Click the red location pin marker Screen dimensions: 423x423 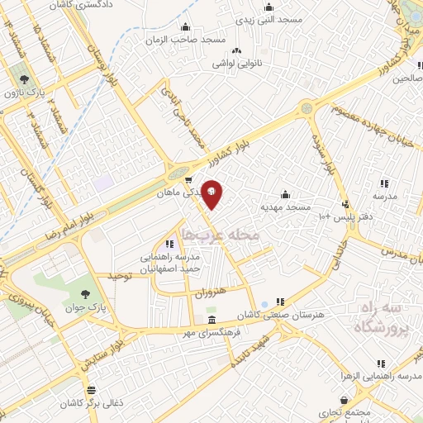(212, 193)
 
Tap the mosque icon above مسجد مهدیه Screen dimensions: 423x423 (285, 194)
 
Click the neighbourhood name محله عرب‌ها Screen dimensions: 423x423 (221, 236)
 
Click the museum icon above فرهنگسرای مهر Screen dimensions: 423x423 (212, 321)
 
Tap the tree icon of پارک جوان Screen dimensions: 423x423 (86, 293)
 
